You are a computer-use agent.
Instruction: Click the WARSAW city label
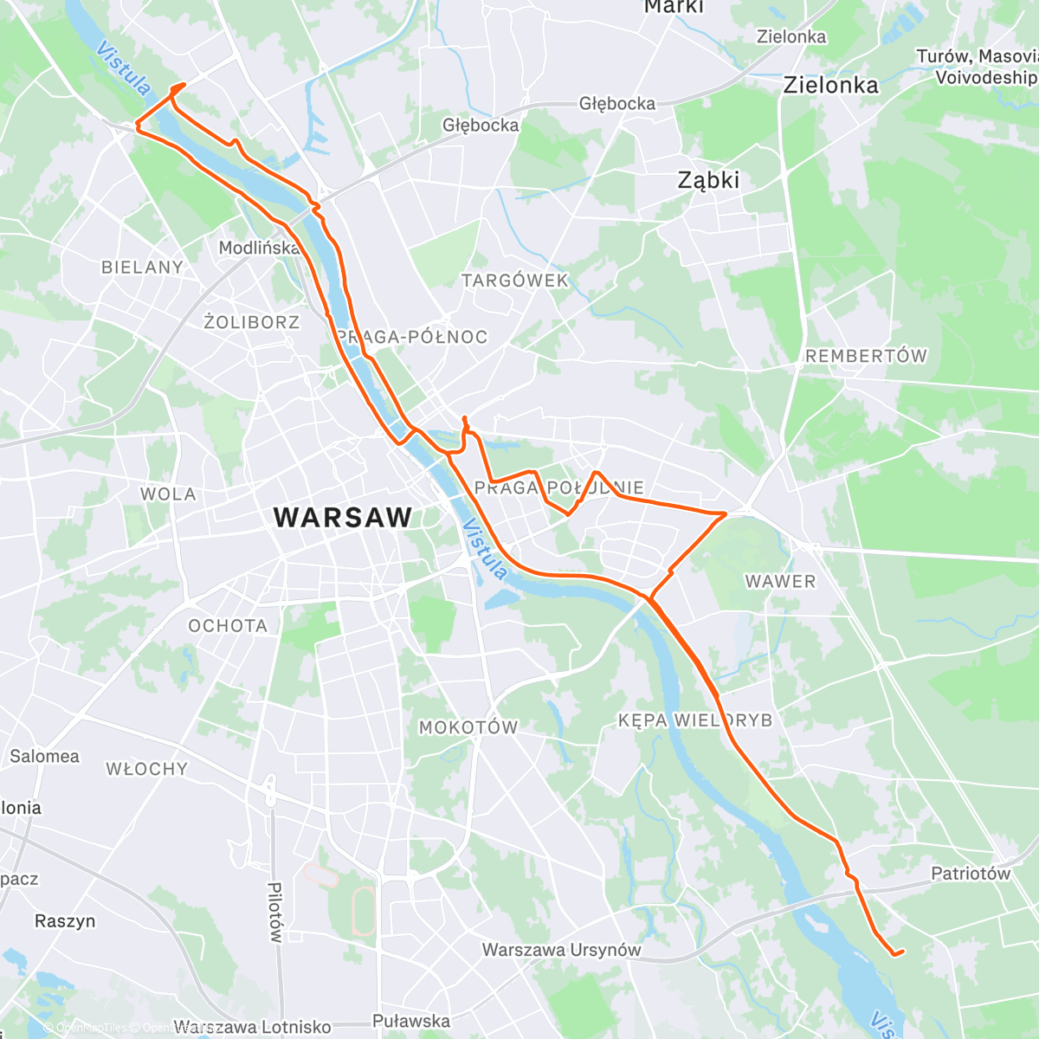pos(343,518)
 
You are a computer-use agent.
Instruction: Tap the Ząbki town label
pos(708,180)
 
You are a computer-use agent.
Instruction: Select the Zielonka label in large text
pos(830,85)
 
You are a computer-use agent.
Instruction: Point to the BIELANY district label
pos(143,267)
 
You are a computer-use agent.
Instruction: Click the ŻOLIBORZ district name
pos(252,322)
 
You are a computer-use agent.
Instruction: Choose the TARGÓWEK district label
pos(515,281)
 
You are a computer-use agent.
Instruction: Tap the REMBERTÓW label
pos(866,356)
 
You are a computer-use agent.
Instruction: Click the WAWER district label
pos(780,582)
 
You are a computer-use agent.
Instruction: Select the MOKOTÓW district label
pos(468,727)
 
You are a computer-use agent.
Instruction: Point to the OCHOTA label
pos(228,625)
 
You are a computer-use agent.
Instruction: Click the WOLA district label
pos(168,494)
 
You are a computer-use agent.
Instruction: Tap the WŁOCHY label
pos(146,769)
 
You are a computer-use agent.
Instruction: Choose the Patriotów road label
pos(971,874)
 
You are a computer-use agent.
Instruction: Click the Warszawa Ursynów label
pos(561,950)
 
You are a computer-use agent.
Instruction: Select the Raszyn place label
pos(65,920)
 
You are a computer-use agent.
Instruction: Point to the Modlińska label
pos(259,248)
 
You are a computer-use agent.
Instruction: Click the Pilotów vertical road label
pos(274,913)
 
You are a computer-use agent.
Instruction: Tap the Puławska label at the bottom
pos(411,1021)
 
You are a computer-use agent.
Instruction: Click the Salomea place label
pos(44,756)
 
